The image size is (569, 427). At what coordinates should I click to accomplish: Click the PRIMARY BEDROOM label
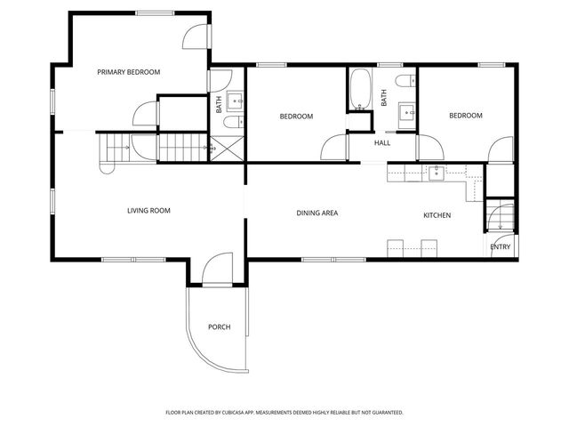click(129, 72)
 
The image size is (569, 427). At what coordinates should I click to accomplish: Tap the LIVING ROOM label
click(148, 211)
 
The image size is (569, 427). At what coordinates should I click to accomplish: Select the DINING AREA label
click(317, 213)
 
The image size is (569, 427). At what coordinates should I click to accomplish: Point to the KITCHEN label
click(437, 215)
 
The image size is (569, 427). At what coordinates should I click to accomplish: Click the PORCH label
click(219, 327)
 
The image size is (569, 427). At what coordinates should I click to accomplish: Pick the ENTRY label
click(501, 247)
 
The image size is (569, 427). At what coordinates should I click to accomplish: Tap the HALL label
click(382, 143)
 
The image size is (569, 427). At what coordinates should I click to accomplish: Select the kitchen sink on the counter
click(437, 172)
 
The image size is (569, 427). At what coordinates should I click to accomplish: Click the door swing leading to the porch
click(215, 270)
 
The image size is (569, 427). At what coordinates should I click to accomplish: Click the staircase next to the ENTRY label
click(499, 216)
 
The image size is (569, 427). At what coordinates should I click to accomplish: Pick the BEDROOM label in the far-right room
click(465, 116)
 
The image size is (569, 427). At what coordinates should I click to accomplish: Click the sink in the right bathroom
click(407, 112)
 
